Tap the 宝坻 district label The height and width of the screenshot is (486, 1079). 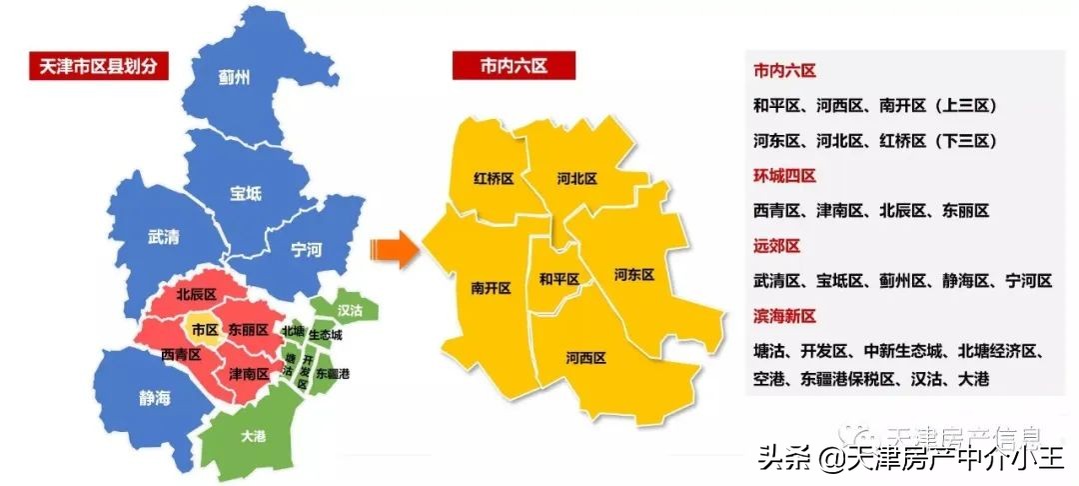pos(245,192)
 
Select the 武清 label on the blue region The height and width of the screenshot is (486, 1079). pos(163,237)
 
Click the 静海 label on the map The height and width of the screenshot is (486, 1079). pos(154,398)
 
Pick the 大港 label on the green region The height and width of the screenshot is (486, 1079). pos(252,436)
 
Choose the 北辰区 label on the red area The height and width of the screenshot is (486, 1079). pos(196,295)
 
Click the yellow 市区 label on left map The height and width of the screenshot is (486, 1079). pos(205,328)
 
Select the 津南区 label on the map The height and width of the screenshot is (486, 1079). pos(249,374)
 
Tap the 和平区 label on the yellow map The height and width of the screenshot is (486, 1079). pos(558,279)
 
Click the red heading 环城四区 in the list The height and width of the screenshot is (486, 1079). pos(784,176)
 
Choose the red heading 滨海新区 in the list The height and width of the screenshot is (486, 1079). pos(784,316)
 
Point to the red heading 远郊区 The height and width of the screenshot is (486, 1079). pos(777,246)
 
